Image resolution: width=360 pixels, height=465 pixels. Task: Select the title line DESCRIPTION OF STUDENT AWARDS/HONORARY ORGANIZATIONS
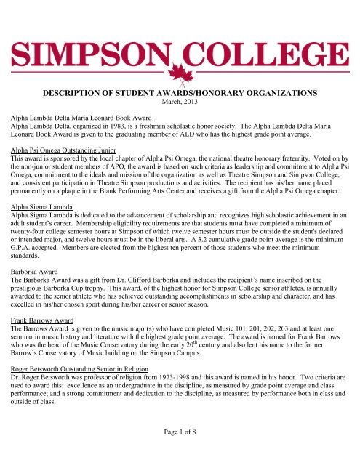click(180, 93)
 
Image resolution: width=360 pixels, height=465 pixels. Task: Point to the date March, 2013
click(179, 103)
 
